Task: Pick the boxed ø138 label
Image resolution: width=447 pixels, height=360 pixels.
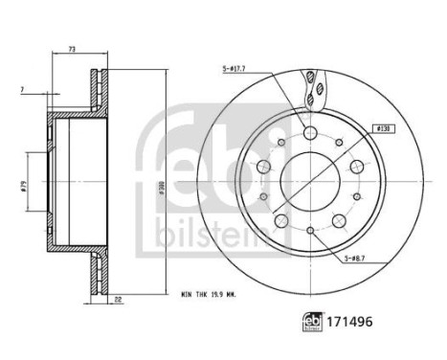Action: (382, 127)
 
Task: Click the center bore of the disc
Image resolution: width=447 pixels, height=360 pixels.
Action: (311, 178)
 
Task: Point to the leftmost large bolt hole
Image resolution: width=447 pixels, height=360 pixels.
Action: (264, 166)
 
